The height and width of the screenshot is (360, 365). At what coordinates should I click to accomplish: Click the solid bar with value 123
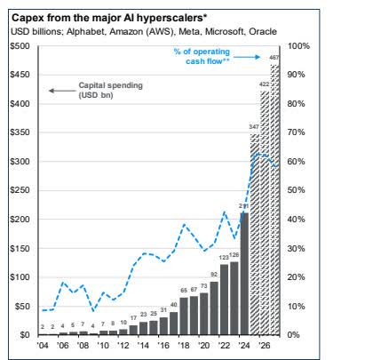[x=223, y=299]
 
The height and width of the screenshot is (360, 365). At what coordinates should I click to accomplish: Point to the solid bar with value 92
[x=213, y=308]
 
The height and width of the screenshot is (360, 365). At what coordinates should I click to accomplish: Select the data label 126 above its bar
[x=234, y=255]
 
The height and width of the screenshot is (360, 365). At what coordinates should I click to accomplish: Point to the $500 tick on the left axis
[x=17, y=45]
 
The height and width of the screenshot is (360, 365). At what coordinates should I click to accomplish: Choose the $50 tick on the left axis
[x=19, y=306]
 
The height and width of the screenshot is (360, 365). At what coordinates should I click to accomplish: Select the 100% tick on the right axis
[x=298, y=45]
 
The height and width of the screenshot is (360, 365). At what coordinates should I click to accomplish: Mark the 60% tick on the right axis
[x=297, y=161]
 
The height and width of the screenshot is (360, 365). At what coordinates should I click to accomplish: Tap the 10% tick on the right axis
[x=297, y=306]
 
